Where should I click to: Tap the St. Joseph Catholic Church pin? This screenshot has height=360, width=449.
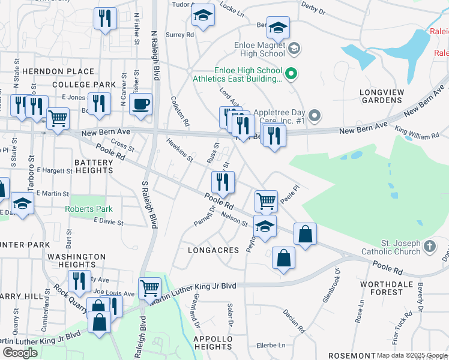tap(429, 247)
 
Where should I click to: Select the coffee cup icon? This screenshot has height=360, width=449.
tap(140, 104)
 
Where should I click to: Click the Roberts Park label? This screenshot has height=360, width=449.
tap(88, 210)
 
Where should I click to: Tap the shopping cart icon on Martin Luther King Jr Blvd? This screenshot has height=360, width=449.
tap(149, 287)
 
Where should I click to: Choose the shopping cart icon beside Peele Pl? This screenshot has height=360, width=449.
tap(266, 200)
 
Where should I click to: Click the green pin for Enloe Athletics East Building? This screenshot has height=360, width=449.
tap(291, 74)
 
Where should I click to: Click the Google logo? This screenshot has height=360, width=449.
tap(20, 352)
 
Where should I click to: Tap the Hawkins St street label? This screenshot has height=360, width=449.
tap(179, 150)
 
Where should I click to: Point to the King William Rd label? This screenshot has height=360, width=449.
tap(417, 133)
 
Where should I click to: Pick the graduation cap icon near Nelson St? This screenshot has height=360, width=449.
tap(264, 226)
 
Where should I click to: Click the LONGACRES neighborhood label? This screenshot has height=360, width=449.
tap(209, 250)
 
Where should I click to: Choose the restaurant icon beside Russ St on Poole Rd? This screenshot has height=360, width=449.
tap(223, 182)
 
